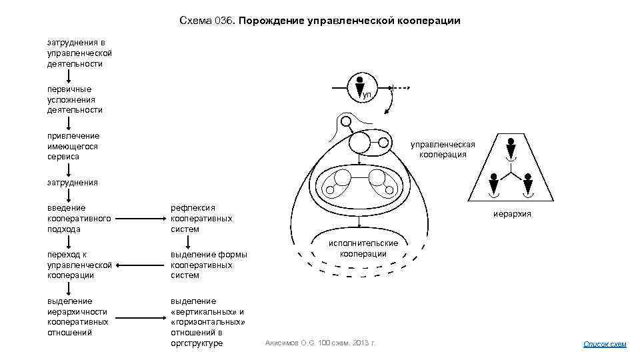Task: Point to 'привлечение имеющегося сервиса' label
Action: (73, 146)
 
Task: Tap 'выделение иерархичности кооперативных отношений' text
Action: (78, 317)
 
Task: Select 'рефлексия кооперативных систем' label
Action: (201, 219)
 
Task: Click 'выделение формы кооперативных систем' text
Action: (209, 265)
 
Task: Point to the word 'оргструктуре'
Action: (197, 343)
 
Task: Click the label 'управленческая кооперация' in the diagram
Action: (442, 149)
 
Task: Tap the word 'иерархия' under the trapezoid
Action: (512, 214)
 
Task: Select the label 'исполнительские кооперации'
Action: (363, 249)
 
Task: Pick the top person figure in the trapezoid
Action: (511, 147)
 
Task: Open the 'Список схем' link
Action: (605, 344)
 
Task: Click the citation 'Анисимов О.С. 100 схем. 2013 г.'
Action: (321, 343)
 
